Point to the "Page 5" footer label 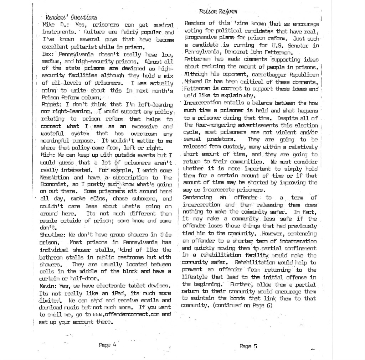248,346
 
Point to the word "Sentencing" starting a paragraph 197,197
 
